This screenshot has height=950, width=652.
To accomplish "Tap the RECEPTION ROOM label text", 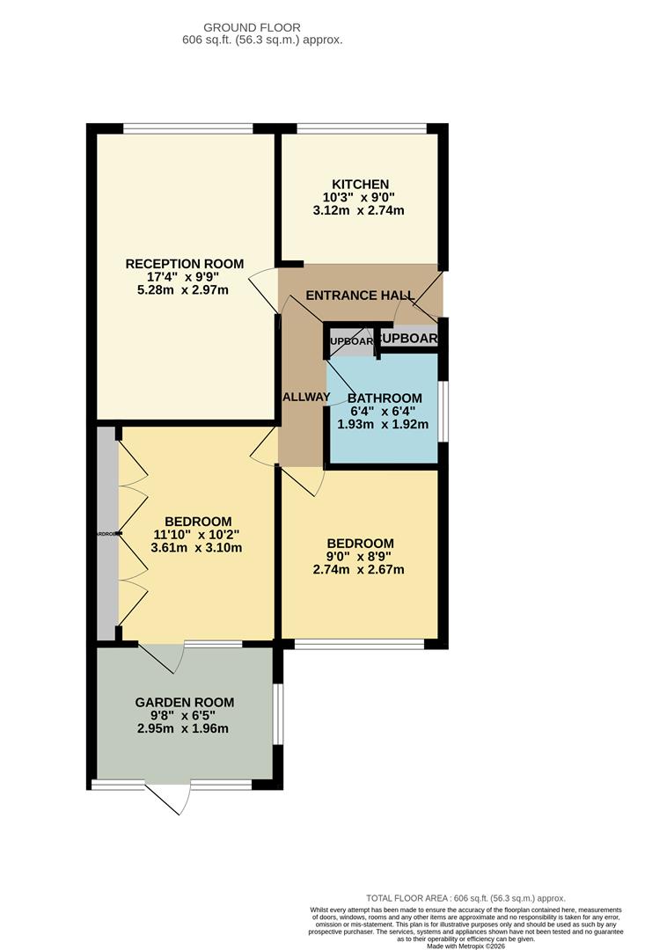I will [x=185, y=264].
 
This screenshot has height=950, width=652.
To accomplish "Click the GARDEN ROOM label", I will [x=184, y=702].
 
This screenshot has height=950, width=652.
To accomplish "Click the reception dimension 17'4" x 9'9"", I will [x=183, y=277].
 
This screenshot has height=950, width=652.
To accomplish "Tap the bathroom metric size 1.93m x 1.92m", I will [x=383, y=424].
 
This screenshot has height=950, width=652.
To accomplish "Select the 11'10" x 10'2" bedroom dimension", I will [x=196, y=534].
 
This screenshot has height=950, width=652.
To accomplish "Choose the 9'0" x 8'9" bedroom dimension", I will [x=360, y=556].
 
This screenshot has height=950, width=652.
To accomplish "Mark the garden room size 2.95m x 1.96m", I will [x=183, y=728].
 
